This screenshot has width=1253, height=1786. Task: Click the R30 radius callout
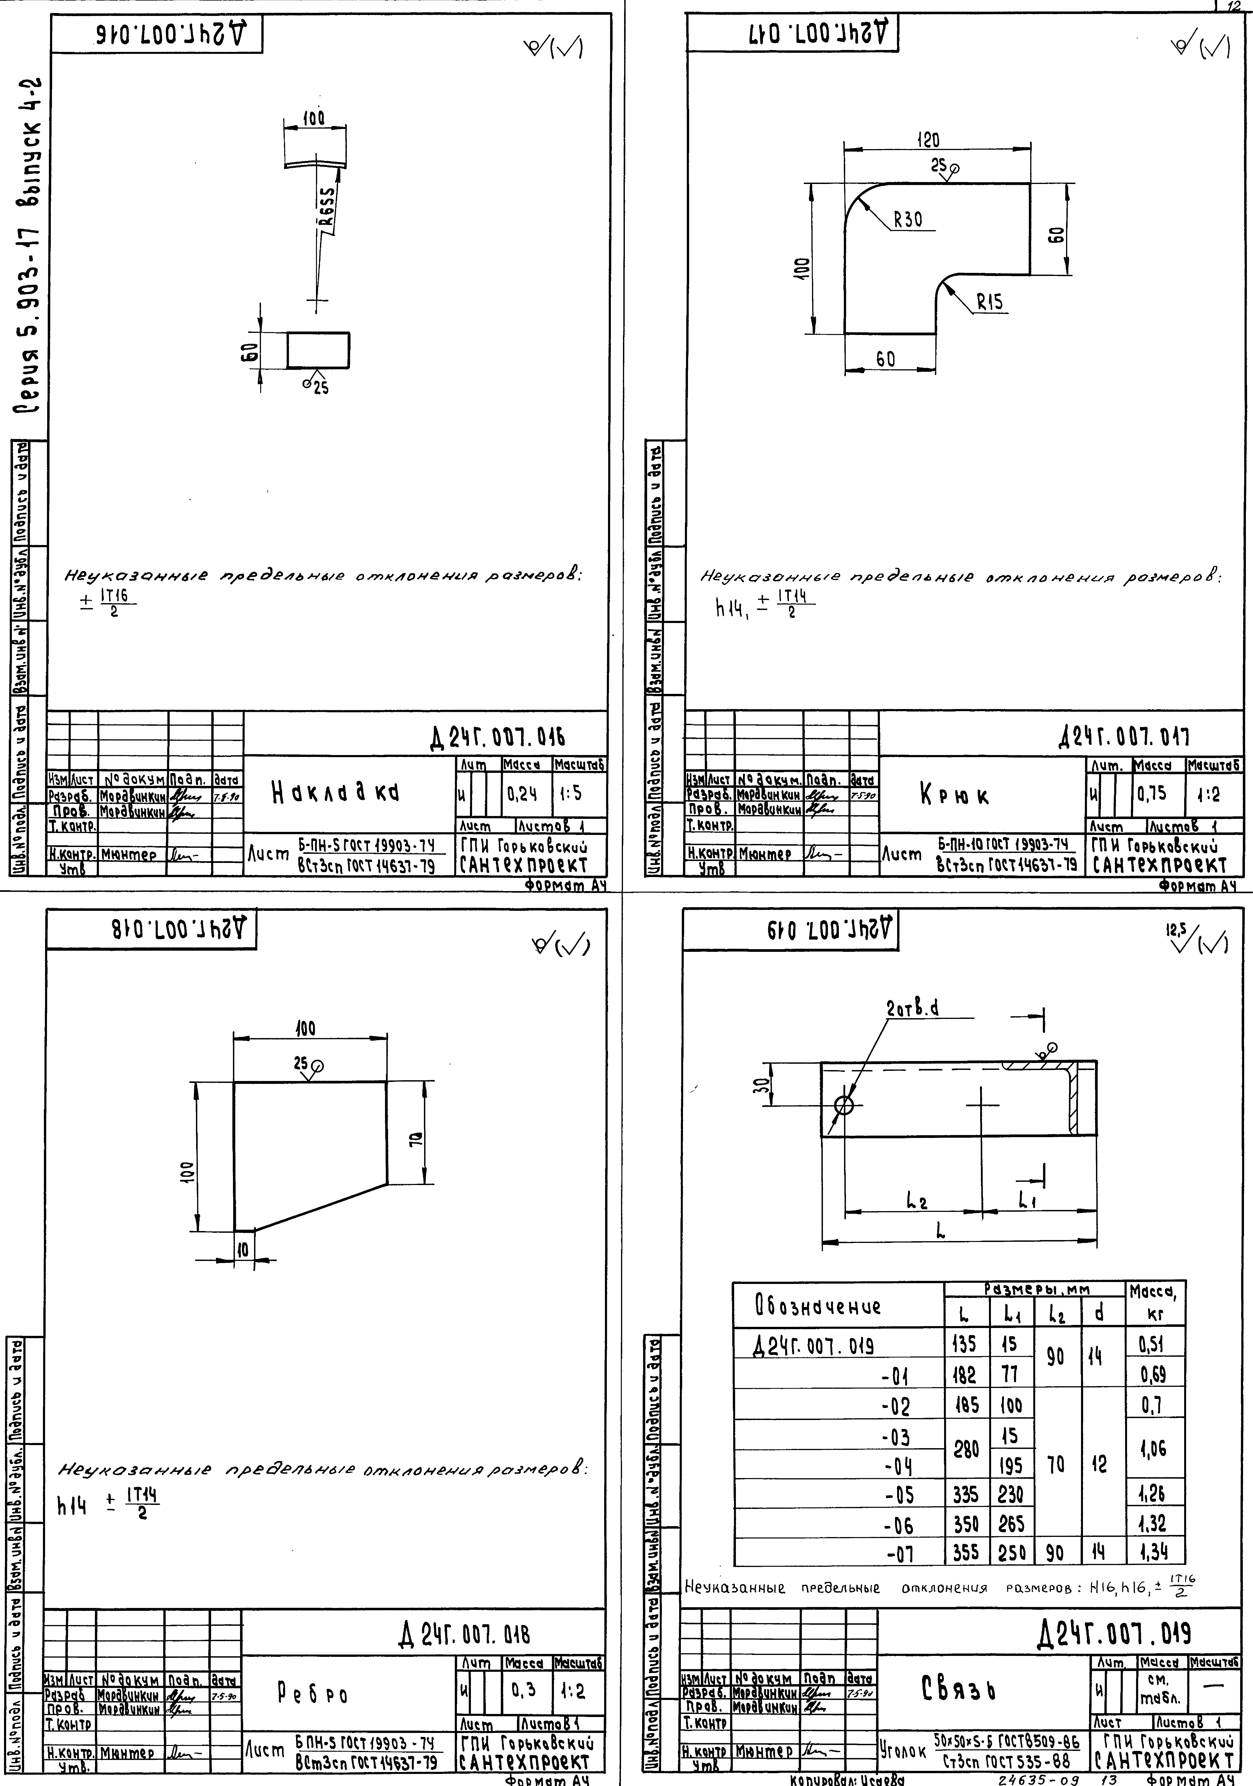click(x=907, y=220)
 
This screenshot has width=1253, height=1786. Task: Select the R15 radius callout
click(x=990, y=302)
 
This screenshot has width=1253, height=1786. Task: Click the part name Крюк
click(x=954, y=796)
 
